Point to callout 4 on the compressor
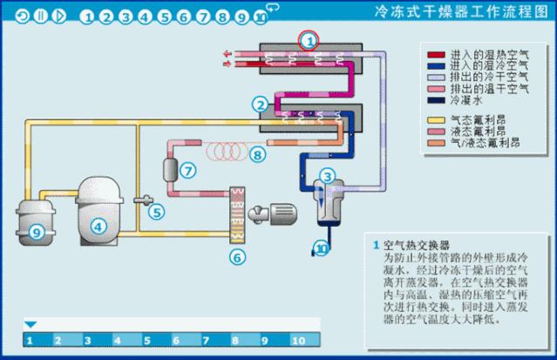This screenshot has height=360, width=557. [99, 226]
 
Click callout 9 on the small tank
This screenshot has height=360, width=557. [36, 232]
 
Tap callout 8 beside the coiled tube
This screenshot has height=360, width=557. [256, 155]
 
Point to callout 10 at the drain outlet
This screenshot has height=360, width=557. [322, 249]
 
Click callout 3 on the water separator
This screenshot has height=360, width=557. [327, 176]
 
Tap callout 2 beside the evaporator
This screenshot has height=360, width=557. [259, 105]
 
